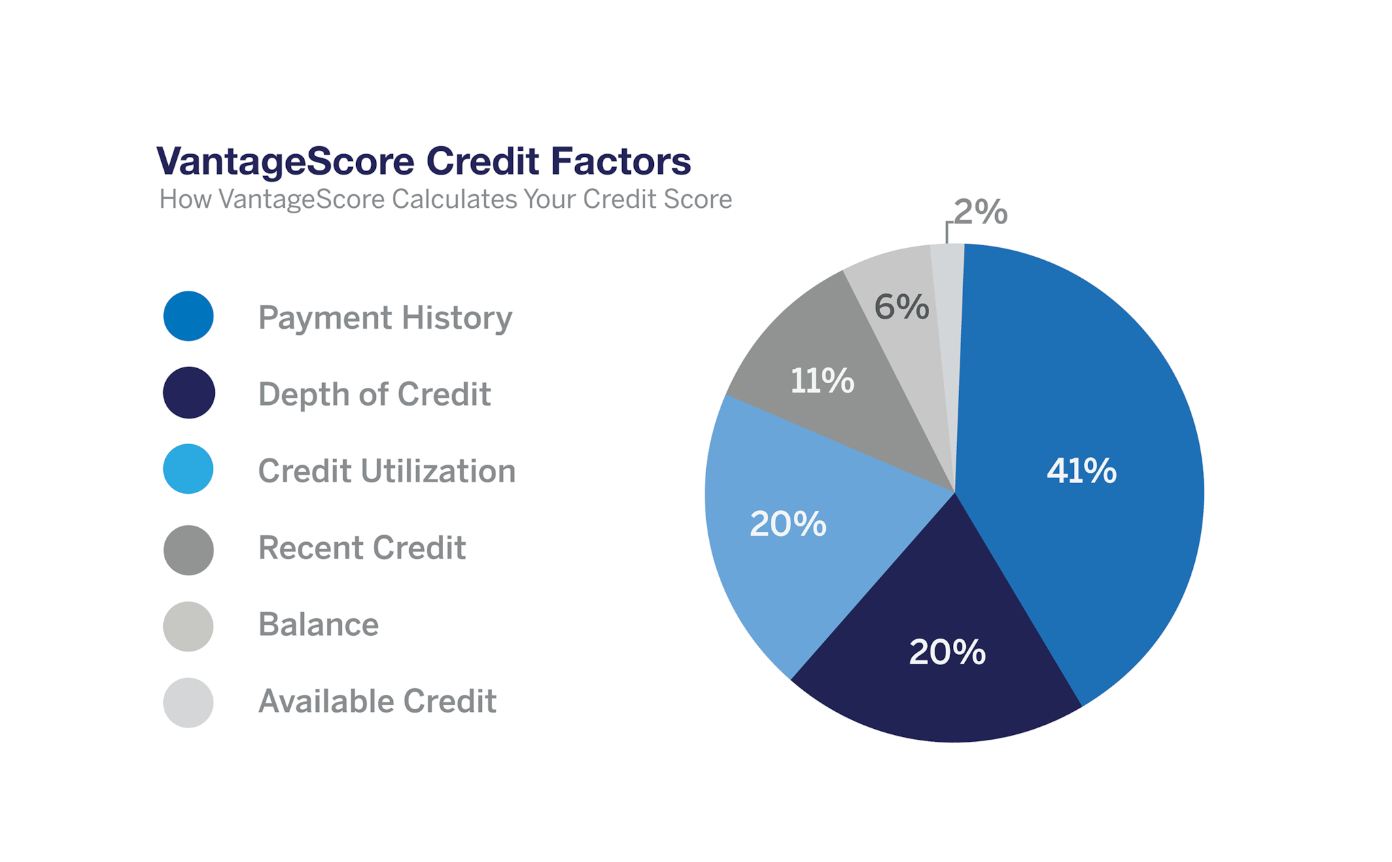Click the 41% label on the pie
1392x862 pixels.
tap(1081, 471)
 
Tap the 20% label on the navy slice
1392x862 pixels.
tap(947, 652)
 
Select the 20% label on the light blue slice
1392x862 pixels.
tap(788, 524)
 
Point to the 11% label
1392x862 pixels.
tap(822, 380)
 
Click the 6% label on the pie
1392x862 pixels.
tap(901, 306)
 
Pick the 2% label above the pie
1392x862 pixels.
tap(980, 212)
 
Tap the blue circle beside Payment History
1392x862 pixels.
tap(188, 317)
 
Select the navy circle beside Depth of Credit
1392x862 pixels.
tap(188, 393)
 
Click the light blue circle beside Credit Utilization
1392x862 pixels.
tap(188, 469)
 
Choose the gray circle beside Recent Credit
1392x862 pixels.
tap(188, 550)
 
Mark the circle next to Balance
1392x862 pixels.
tap(188, 626)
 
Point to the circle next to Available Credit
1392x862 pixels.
tap(188, 702)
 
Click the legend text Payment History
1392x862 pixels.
tap(385, 318)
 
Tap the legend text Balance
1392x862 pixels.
tap(318, 624)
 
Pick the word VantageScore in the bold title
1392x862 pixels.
tap(285, 162)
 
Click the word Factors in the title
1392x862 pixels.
tap(621, 161)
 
